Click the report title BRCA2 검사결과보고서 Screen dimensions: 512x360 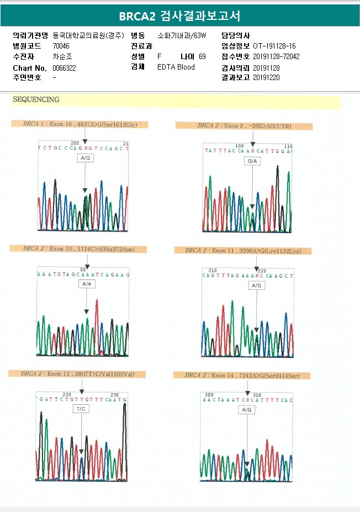179,15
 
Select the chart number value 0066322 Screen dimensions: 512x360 64,67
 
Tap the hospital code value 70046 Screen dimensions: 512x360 61,46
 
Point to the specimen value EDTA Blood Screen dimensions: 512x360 176,67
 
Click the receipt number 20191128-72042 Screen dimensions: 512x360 276,56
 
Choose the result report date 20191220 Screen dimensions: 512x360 266,77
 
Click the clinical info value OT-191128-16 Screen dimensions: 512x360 274,46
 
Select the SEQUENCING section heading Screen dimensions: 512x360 36,100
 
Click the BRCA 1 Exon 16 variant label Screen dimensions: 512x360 80,124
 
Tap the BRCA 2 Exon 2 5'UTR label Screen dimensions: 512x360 244,126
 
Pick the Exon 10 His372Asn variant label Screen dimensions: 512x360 78,249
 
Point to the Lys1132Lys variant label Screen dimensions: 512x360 243,251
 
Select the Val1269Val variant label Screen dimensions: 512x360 77,374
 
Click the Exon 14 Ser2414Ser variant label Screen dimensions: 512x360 242,376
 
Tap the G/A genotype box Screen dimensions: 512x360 253,161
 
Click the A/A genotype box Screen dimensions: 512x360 87,284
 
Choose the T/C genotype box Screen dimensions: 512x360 81,409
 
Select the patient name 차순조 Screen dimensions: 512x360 62,56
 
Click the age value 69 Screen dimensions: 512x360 202,56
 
